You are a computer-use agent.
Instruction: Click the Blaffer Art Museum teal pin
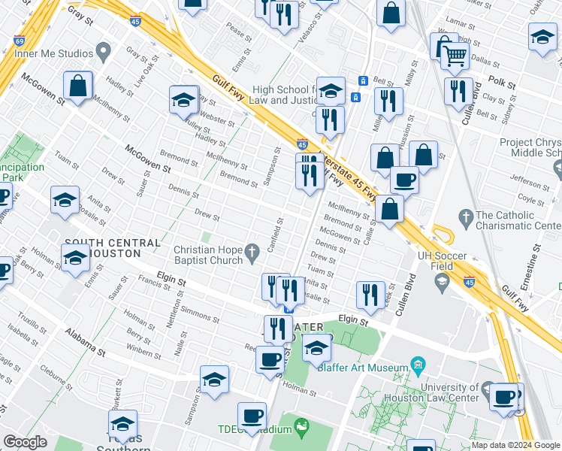click(x=418, y=368)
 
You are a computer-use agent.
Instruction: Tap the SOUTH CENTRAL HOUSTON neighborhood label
click(x=113, y=248)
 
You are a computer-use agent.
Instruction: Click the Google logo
click(x=26, y=442)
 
